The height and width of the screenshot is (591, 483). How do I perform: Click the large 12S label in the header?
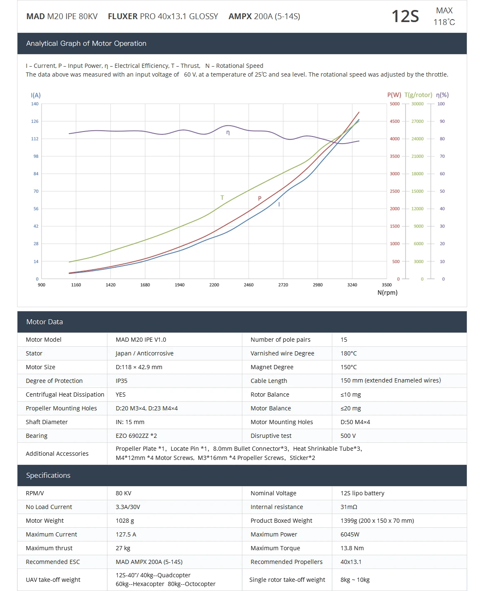click(405, 17)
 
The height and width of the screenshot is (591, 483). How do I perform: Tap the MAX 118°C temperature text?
click(444, 17)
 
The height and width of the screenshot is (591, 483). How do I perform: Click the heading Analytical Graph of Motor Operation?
click(86, 43)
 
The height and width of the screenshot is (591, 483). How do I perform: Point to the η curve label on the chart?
click(228, 133)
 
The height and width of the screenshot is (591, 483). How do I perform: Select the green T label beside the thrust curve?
click(222, 198)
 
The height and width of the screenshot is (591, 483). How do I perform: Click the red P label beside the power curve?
click(259, 199)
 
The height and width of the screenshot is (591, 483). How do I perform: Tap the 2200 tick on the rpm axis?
click(214, 285)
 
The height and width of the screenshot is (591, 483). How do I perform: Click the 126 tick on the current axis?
click(35, 122)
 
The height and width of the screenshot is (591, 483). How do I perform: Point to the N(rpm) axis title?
click(387, 293)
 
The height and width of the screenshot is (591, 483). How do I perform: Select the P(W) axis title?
click(394, 95)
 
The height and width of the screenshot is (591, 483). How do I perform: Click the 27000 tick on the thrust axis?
click(417, 122)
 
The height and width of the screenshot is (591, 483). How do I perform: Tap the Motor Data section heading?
click(45, 322)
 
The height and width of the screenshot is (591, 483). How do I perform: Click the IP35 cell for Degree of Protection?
click(122, 381)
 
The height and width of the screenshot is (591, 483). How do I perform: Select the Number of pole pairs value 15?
click(344, 340)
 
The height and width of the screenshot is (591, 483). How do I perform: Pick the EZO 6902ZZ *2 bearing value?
click(136, 436)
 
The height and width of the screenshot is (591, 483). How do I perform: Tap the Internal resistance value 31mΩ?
click(349, 507)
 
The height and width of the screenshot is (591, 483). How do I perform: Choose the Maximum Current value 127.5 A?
click(126, 534)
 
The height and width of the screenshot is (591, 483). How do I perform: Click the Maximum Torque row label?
click(275, 548)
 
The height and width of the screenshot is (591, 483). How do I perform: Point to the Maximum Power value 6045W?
click(350, 534)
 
